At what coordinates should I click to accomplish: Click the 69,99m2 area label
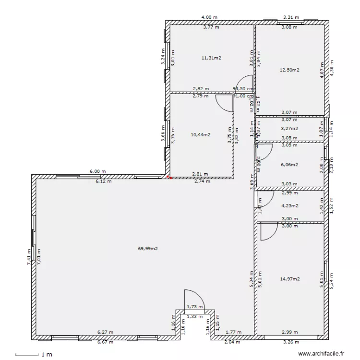pyautogui.click(x=148, y=249)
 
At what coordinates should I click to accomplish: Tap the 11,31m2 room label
pyautogui.click(x=211, y=58)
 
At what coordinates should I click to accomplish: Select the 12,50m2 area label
pyautogui.click(x=289, y=70)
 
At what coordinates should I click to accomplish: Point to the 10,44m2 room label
pyautogui.click(x=200, y=134)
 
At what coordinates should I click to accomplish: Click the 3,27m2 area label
pyautogui.click(x=289, y=129)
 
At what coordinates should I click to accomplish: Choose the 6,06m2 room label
pyautogui.click(x=289, y=164)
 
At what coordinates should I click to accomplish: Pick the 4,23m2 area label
pyautogui.click(x=289, y=206)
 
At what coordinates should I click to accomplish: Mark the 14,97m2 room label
pyautogui.click(x=289, y=279)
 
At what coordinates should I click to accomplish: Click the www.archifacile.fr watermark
pyautogui.click(x=322, y=354)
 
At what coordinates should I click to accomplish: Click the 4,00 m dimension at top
pyautogui.click(x=209, y=17)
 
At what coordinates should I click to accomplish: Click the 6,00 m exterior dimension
pyautogui.click(x=97, y=171)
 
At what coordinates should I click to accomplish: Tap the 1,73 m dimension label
pyautogui.click(x=194, y=307)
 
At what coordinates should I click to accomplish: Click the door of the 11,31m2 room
pyautogui.click(x=245, y=83)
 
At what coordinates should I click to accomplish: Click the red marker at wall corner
pyautogui.click(x=168, y=177)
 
